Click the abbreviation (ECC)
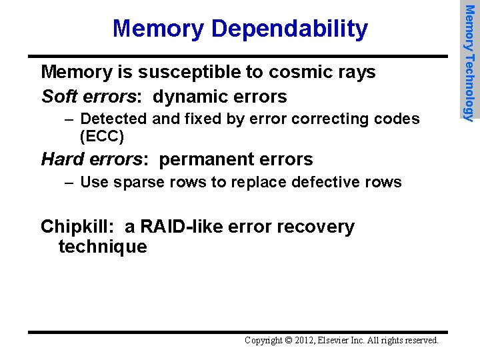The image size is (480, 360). pyautogui.click(x=101, y=137)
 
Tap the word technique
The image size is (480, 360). pyautogui.click(x=103, y=247)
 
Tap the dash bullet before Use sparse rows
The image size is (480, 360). pyautogui.click(x=69, y=182)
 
